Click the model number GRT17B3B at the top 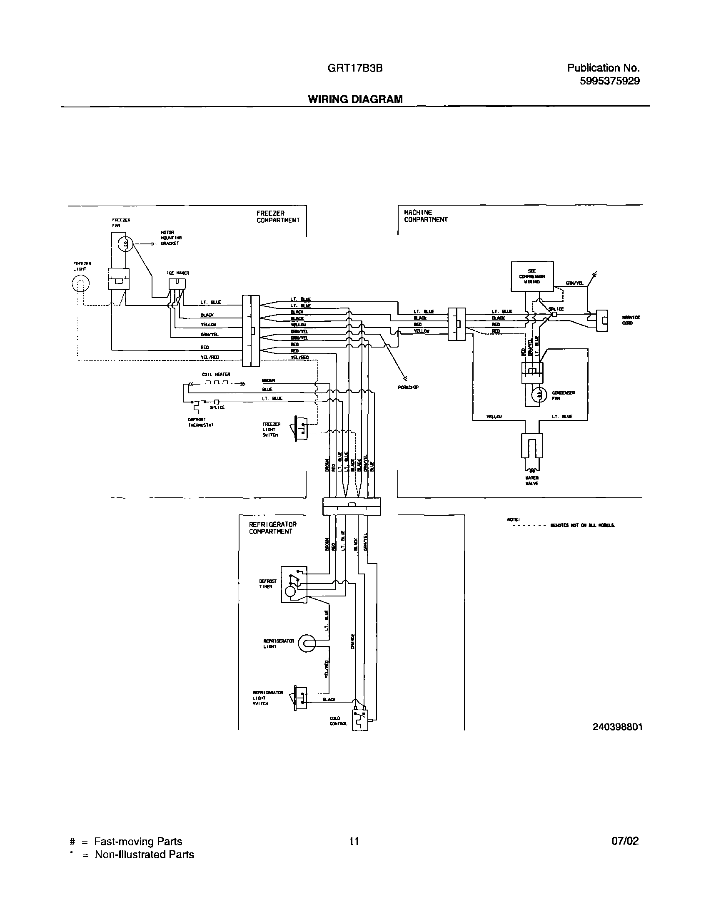(355, 68)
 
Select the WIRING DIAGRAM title (355, 99)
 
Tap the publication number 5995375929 (609, 81)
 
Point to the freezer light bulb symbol (80, 285)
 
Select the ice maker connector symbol (177, 283)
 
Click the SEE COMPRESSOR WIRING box (532, 276)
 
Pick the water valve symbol (531, 446)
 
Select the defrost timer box (294, 584)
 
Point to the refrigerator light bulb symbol (307, 643)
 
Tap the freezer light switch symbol (301, 427)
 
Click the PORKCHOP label (408, 387)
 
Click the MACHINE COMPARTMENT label (425, 216)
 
